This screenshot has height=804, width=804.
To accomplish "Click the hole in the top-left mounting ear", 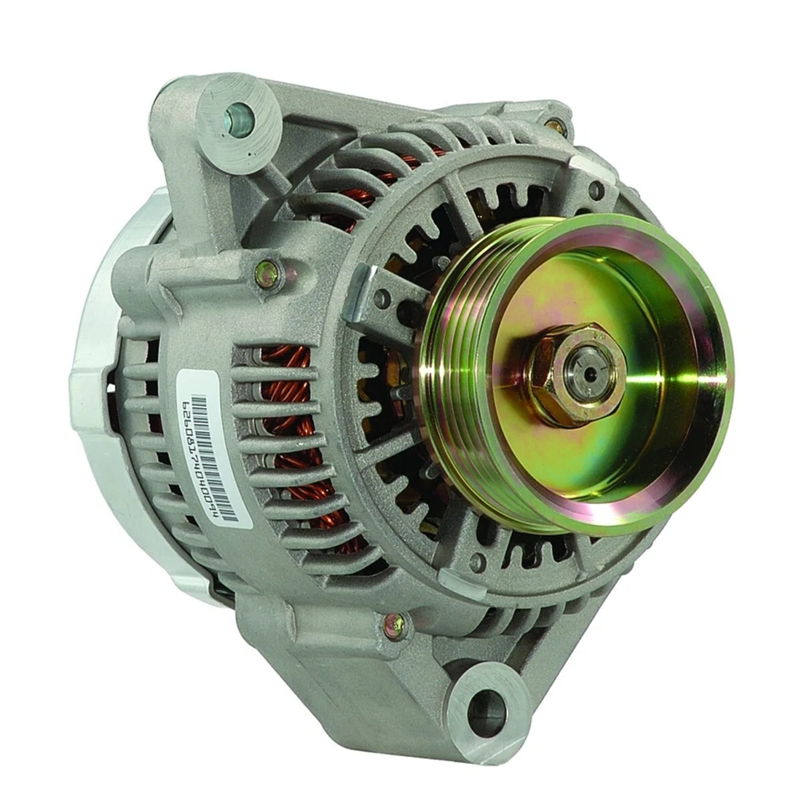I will pyautogui.click(x=239, y=119).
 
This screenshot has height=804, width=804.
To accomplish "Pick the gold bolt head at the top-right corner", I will pyautogui.click(x=555, y=127).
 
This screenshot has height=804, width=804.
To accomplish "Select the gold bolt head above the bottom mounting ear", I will pyautogui.click(x=394, y=624).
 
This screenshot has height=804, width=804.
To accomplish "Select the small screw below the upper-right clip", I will pyautogui.click(x=595, y=190).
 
